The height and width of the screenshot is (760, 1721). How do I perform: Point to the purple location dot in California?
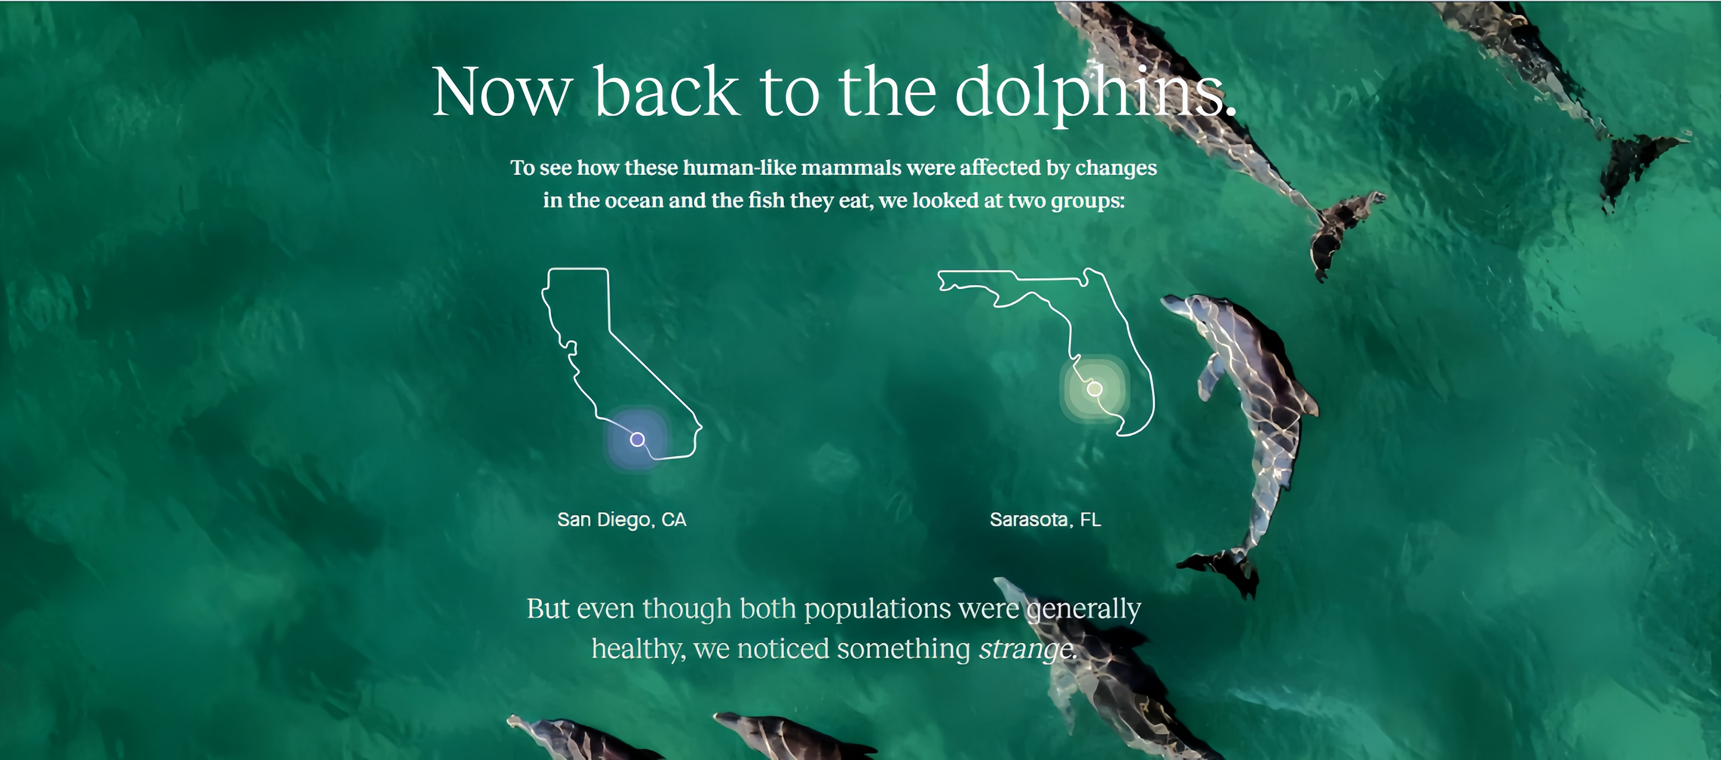pyautogui.click(x=637, y=439)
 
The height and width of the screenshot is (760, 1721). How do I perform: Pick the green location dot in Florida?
pyautogui.click(x=1094, y=388)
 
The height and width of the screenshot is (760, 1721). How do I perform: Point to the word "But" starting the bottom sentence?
pyautogui.click(x=548, y=609)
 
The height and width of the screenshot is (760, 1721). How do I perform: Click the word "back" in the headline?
pyautogui.click(x=666, y=92)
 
